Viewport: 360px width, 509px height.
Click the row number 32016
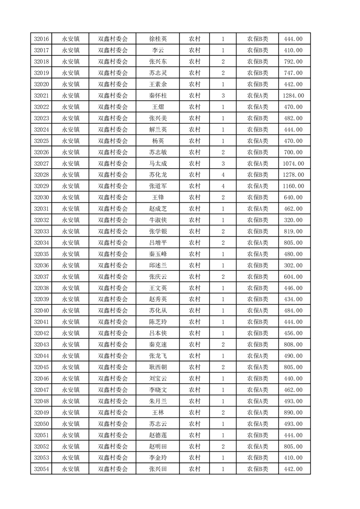pos(41,39)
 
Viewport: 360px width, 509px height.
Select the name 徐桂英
pos(158,39)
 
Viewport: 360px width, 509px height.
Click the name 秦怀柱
pos(158,95)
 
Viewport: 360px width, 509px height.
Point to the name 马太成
pos(158,163)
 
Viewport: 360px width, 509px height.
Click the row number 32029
pos(41,186)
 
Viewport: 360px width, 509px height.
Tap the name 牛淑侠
pos(158,220)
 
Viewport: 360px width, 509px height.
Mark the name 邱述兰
pos(158,265)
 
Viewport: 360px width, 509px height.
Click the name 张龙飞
pos(158,356)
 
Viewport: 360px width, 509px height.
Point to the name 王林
pos(158,412)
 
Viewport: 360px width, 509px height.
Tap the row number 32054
pos(41,469)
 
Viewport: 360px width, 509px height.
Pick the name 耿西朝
pos(158,367)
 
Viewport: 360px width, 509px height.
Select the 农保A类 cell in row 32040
pos(257,311)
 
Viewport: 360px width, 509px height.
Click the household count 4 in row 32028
pos(223,175)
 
